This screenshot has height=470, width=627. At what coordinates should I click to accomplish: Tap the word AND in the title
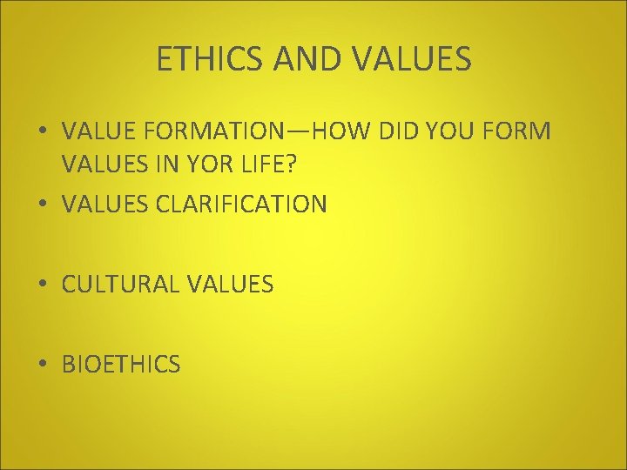pos(302,59)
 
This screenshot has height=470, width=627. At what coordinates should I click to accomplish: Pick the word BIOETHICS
pos(121,365)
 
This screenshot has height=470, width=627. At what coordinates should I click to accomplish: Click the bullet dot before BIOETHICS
pos(44,365)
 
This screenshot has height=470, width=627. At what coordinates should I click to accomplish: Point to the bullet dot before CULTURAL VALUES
pos(44,285)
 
